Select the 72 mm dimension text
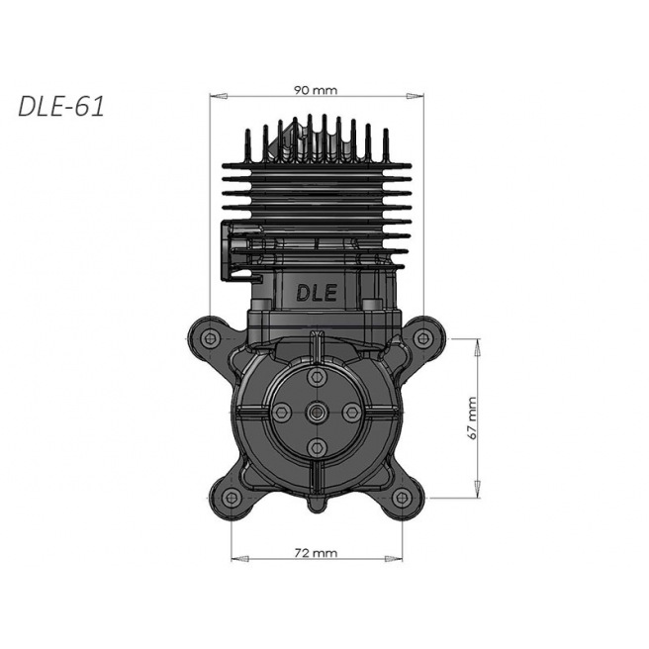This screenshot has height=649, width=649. (317, 553)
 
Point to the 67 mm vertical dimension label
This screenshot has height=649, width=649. (473, 417)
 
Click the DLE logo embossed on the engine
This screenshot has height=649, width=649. (317, 294)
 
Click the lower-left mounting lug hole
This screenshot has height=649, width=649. (231, 496)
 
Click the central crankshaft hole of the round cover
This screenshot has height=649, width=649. (317, 412)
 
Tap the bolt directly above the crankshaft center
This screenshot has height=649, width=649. (317, 377)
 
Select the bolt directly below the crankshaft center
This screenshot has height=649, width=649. (317, 446)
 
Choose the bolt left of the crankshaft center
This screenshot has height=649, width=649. (282, 412)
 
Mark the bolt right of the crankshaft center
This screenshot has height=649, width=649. (351, 412)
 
